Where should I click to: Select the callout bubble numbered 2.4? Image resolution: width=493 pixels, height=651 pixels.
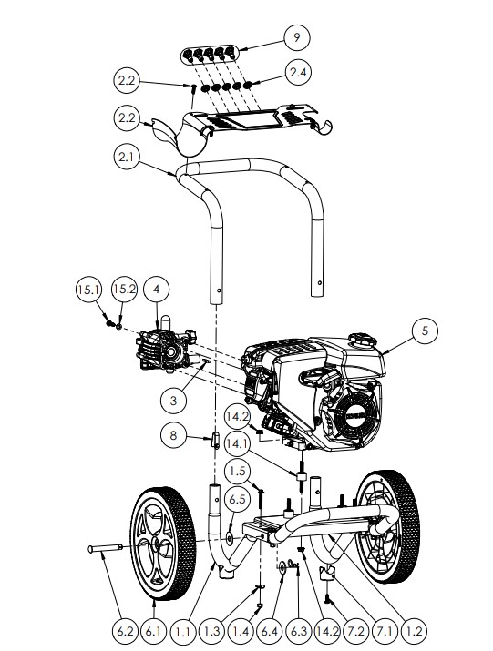299,70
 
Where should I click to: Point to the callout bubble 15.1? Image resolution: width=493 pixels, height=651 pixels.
86,290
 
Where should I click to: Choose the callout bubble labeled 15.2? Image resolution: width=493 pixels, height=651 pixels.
123,290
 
